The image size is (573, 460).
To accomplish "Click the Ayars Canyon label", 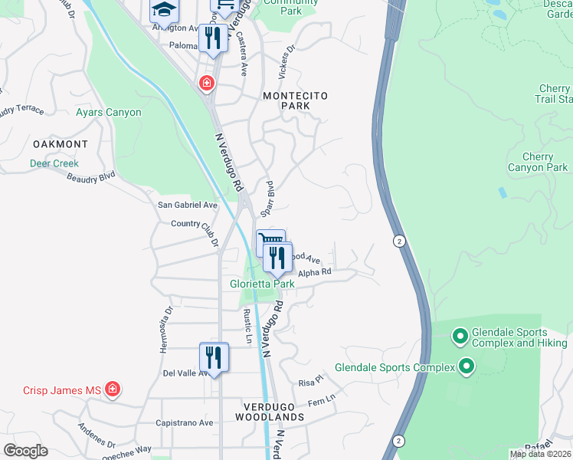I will [x=108, y=113].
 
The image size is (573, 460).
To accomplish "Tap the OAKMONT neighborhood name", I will [x=60, y=144].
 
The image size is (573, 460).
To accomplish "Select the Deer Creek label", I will [x=54, y=163].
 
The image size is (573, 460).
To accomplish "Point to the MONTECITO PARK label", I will [x=295, y=102].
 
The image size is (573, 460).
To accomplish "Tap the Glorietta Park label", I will [x=263, y=284].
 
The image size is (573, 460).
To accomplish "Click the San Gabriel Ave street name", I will [x=188, y=205].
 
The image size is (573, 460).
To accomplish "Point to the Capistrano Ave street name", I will [x=185, y=422].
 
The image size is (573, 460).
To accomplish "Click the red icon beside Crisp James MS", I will [x=113, y=390].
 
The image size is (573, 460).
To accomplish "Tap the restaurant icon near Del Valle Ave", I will [x=214, y=357].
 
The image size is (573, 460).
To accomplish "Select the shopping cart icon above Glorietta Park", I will [x=270, y=242].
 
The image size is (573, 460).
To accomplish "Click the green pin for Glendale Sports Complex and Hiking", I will [x=460, y=336].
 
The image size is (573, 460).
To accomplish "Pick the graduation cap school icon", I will [x=163, y=10].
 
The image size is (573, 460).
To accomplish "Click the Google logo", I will [x=25, y=451].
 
